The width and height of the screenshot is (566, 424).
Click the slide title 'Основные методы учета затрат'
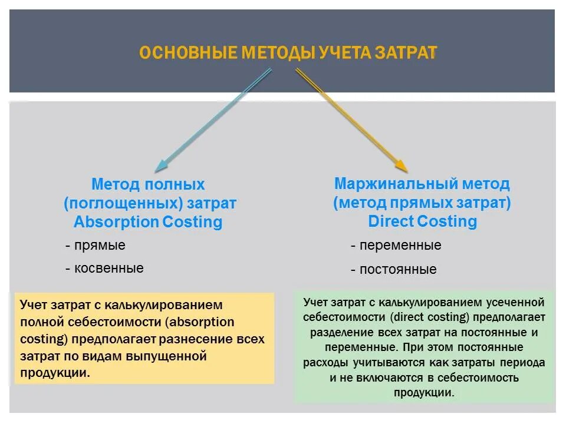pyautogui.click(x=288, y=53)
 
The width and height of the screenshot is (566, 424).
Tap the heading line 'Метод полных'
pyautogui.click(x=148, y=184)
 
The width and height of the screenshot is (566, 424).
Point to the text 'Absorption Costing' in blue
pyautogui.click(x=148, y=222)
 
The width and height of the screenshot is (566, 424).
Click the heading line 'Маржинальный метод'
pyautogui.click(x=422, y=184)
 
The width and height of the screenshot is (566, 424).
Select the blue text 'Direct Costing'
pyautogui.click(x=422, y=221)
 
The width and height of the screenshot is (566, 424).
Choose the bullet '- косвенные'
pyautogui.click(x=104, y=268)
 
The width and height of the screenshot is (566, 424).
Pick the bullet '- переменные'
pyautogui.click(x=396, y=246)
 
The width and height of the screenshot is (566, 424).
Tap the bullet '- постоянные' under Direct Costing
pyautogui.click(x=393, y=270)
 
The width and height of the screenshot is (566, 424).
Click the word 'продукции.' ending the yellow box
pyautogui.click(x=55, y=373)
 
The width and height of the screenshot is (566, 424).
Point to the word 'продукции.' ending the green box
pyautogui.click(x=424, y=392)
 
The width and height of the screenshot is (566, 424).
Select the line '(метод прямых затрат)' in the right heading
pyautogui.click(x=422, y=203)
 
